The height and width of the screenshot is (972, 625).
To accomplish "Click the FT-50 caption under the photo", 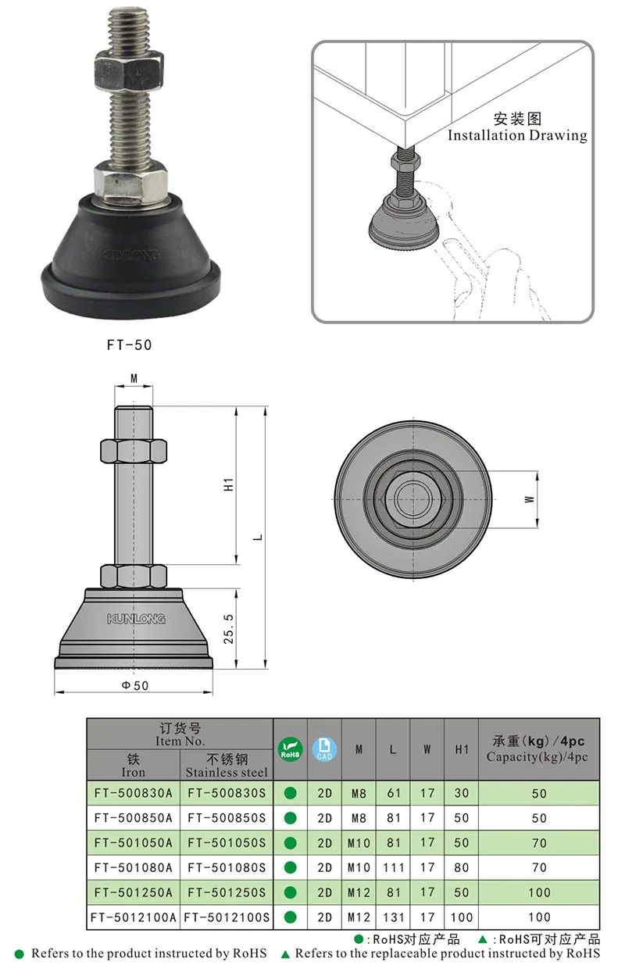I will tap(130, 343).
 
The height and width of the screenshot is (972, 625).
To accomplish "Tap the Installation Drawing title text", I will tap(516, 135).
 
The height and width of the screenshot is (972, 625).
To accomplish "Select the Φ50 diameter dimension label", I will tap(134, 685).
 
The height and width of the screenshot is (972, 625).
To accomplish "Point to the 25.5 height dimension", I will tap(228, 628).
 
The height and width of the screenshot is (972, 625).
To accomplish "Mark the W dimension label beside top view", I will tap(529, 498).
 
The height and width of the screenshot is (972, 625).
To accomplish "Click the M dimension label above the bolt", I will tap(134, 379).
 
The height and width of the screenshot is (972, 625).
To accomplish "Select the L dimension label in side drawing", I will tap(258, 537).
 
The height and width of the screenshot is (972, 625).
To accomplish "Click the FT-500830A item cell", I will tap(133, 793).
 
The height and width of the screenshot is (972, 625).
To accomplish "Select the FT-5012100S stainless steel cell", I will tap(227, 917).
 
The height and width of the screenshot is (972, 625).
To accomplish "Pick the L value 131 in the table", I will tap(393, 917).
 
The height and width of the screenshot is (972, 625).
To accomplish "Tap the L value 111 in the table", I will tap(393, 867).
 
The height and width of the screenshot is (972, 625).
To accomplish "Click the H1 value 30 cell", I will tap(461, 793).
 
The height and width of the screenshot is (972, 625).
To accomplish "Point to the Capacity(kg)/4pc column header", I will tap(538, 756).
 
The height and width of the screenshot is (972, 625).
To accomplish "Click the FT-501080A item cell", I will tap(133, 867).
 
